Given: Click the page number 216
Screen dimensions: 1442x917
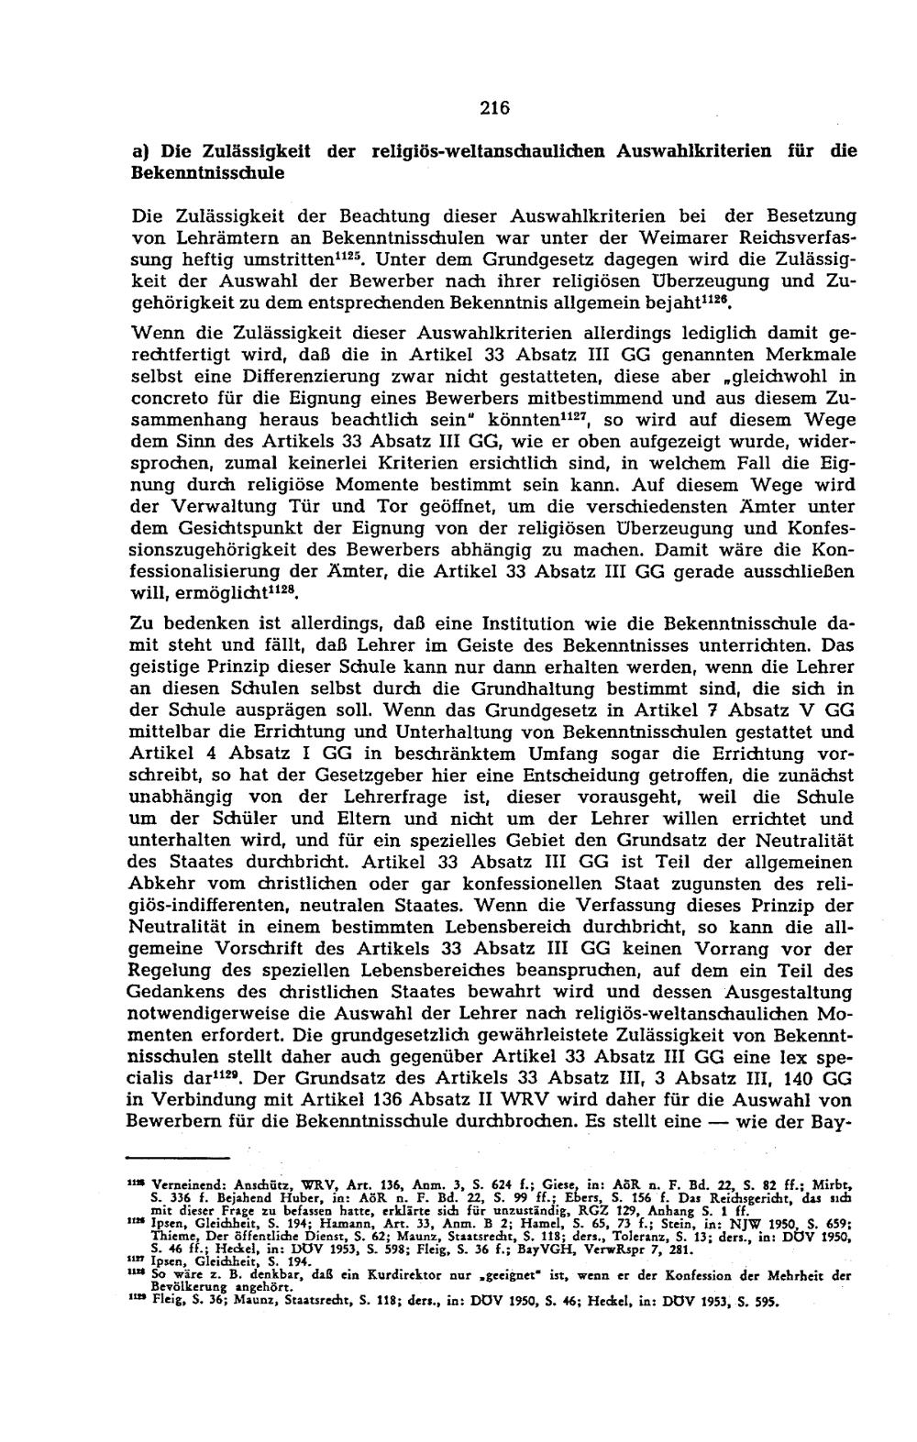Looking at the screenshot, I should point(493,108).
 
